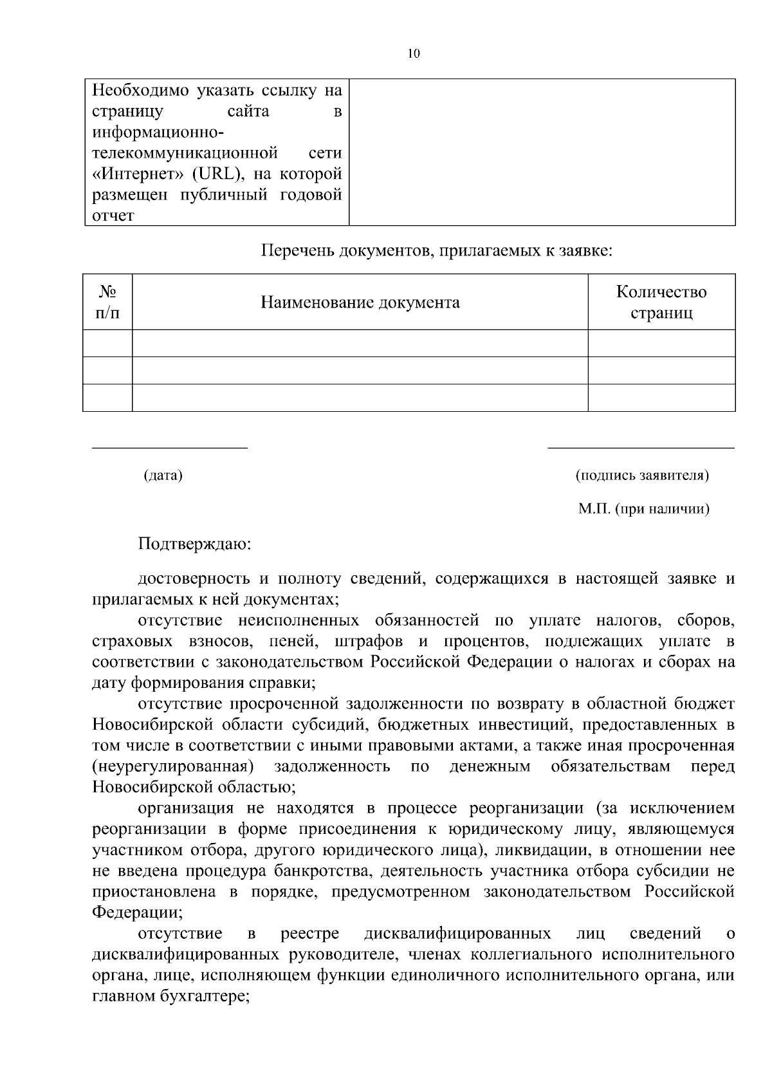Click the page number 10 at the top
click(x=414, y=54)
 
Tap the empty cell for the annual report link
click(x=542, y=153)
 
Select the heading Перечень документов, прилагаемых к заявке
click(x=436, y=250)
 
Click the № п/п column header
click(x=107, y=302)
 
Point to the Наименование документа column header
click(x=360, y=302)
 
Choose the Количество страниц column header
click(x=661, y=302)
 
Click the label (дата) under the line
click(x=163, y=476)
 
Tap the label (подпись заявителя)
click(x=643, y=476)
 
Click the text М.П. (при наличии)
click(x=644, y=509)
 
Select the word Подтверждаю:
click(x=195, y=544)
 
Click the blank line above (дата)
click(x=170, y=447)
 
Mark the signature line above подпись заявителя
click(x=641, y=447)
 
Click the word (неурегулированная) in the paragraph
click(x=172, y=766)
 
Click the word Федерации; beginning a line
click(x=137, y=912)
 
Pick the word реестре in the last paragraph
click(x=310, y=934)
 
